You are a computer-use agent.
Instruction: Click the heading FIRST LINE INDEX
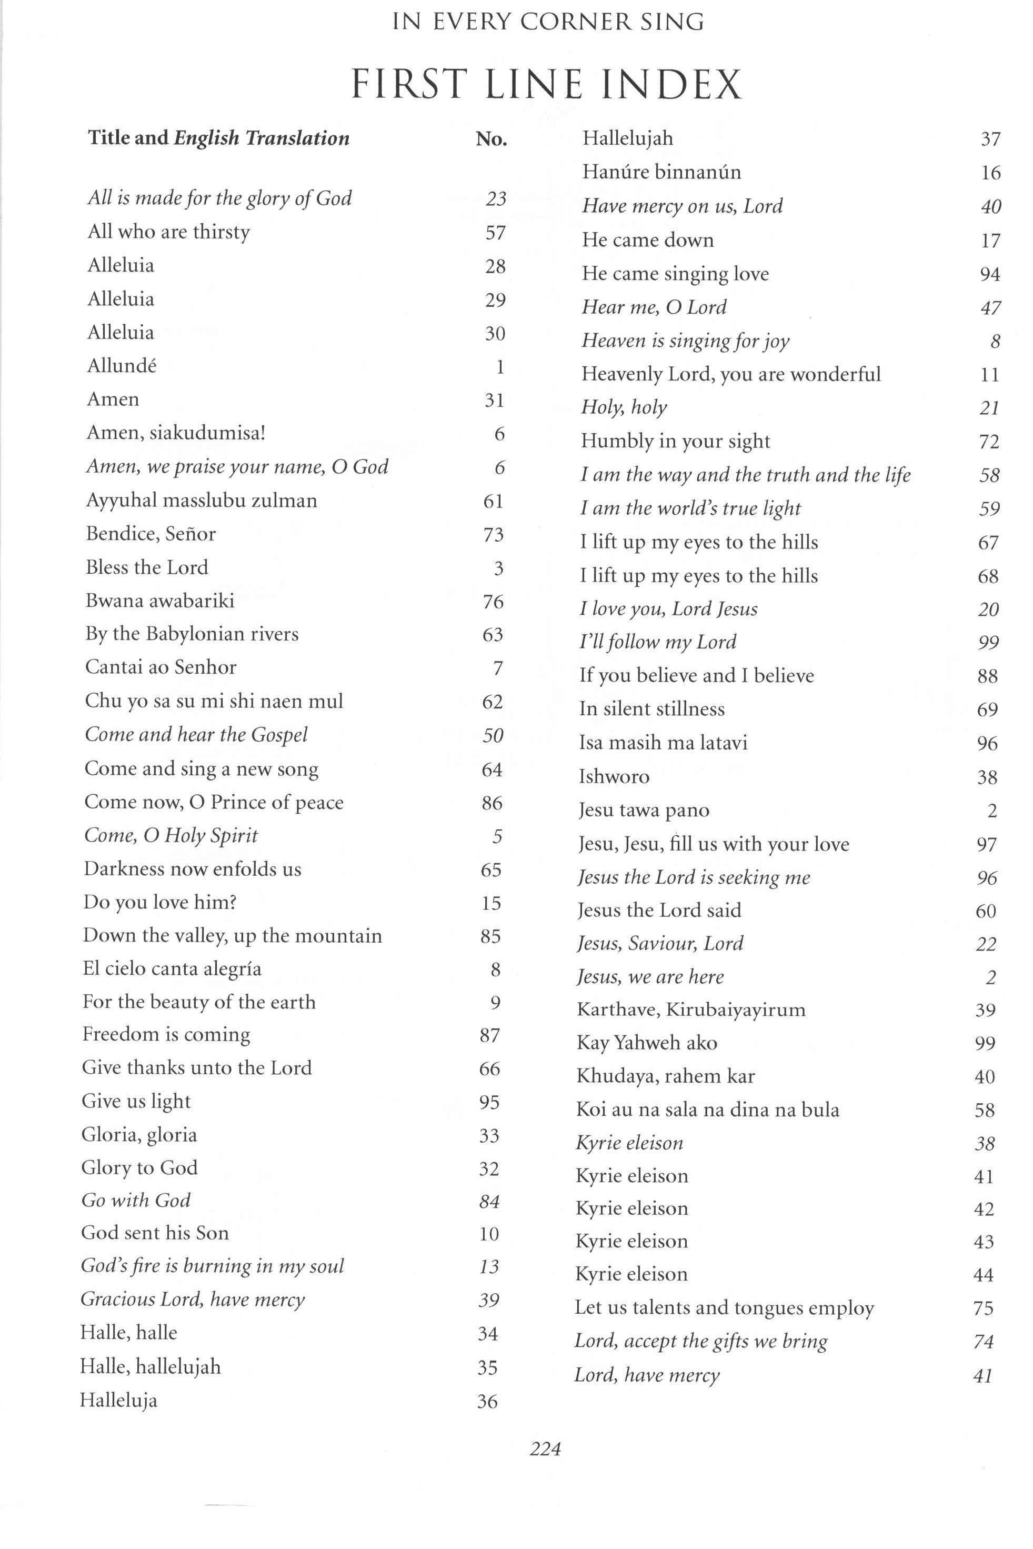(x=546, y=84)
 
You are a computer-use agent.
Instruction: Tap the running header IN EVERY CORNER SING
(x=548, y=22)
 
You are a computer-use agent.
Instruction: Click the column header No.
(x=492, y=138)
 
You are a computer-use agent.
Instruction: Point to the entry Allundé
(x=122, y=366)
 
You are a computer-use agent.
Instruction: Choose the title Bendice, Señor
(x=151, y=534)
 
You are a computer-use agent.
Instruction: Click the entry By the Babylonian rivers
(x=192, y=634)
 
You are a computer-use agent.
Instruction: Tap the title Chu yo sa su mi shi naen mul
(x=214, y=701)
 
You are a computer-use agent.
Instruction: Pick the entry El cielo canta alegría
(x=172, y=968)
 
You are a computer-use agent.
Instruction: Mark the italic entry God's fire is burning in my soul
(x=212, y=1266)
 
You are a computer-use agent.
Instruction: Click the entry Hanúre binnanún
(x=661, y=172)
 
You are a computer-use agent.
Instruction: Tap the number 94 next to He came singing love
(x=989, y=274)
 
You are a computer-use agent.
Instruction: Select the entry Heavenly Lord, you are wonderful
(x=730, y=374)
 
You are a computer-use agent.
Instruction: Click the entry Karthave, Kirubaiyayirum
(x=691, y=1010)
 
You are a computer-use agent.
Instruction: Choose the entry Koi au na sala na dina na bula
(x=708, y=1110)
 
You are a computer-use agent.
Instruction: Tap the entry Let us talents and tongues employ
(x=724, y=1308)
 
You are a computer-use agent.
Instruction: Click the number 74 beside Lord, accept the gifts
(x=983, y=1342)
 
